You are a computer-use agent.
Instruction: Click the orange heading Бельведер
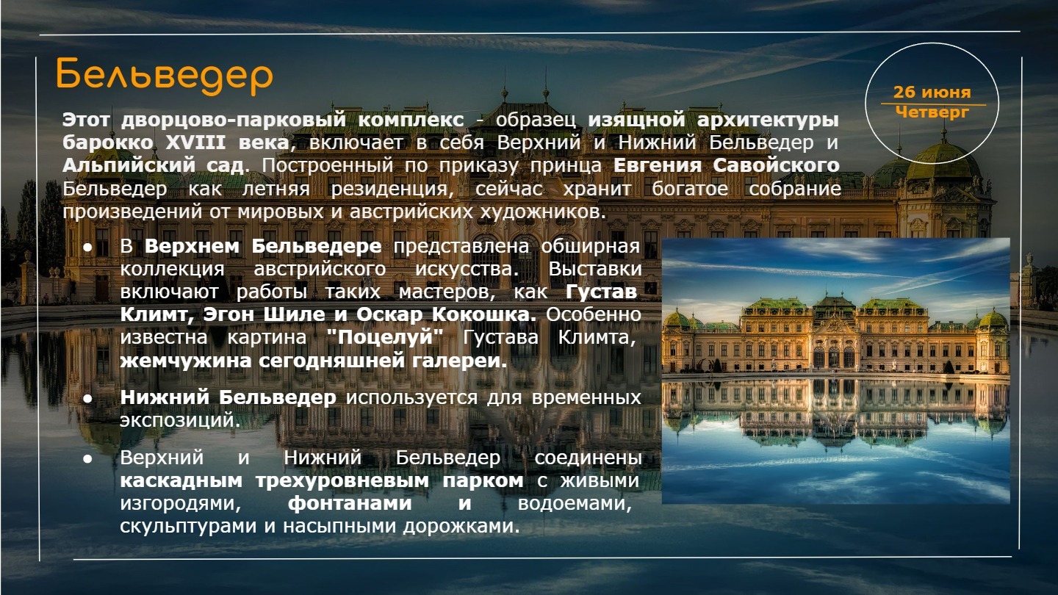coord(165,76)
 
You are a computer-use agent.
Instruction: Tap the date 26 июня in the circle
coord(932,92)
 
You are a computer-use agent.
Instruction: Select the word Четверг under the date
coord(932,113)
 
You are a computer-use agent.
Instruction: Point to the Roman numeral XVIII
coord(196,143)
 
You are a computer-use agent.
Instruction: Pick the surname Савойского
coord(776,165)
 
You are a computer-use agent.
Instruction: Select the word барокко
coord(108,143)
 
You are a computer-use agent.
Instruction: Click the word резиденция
coord(389,189)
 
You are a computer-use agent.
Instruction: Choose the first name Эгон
coord(228,315)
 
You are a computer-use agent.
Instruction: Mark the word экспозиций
coord(180,420)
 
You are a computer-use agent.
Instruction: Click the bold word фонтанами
coord(350,503)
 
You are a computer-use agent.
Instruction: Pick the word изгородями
coord(181,504)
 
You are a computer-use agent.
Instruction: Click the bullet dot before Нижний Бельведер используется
coord(87,399)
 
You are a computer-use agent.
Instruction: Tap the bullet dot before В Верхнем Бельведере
coord(87,248)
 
